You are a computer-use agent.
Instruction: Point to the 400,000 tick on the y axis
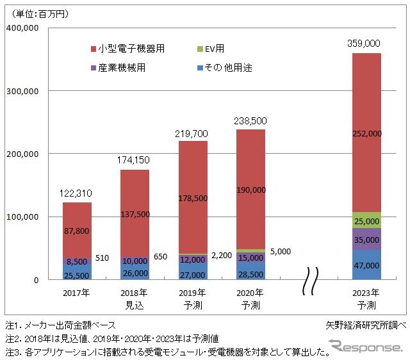(x=22, y=28)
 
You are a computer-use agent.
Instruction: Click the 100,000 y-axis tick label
(x=22, y=217)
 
